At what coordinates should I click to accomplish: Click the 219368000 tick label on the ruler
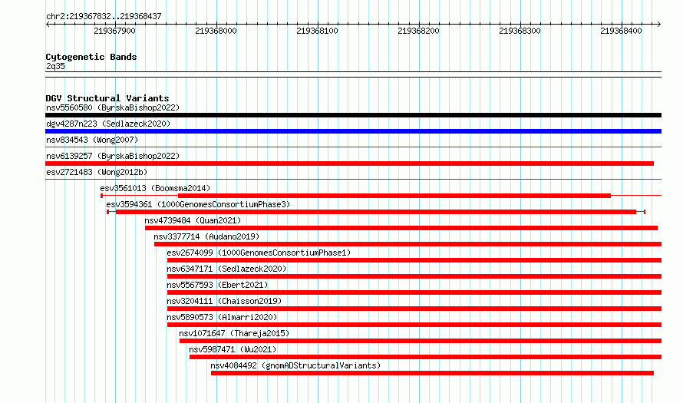click(216, 31)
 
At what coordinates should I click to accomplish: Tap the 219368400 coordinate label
click(621, 31)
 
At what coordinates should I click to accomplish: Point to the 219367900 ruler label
click(114, 31)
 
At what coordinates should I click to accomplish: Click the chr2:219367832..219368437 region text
click(104, 17)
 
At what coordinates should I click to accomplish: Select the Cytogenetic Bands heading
click(91, 57)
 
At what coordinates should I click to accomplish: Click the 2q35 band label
click(55, 66)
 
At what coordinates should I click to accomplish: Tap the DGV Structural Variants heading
click(107, 98)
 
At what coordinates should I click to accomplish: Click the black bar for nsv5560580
click(353, 115)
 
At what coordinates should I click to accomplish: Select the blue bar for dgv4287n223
click(353, 131)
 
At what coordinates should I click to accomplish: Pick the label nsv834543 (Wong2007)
click(92, 140)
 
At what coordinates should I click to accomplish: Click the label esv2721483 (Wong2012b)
click(97, 172)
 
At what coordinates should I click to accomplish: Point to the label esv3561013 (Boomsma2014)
click(155, 188)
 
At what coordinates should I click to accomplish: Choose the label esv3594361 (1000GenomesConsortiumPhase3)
click(198, 204)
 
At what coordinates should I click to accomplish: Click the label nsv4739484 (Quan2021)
click(193, 220)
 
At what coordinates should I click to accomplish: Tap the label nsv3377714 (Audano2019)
click(206, 236)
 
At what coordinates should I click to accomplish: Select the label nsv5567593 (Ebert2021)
click(217, 285)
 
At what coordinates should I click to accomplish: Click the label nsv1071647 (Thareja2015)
click(234, 333)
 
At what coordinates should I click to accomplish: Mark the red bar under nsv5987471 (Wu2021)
click(425, 357)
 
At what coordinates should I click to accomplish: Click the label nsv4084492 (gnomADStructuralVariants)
click(295, 365)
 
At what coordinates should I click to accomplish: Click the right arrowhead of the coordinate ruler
click(659, 24)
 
